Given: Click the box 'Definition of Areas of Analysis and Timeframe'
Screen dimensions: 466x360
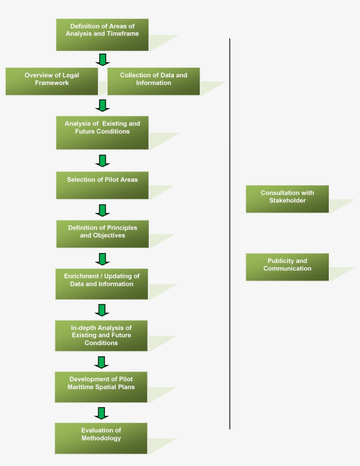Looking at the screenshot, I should tap(102, 34).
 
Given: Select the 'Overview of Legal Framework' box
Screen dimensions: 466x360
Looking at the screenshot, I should tap(52, 81).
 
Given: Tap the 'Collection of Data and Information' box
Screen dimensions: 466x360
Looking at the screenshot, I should tap(153, 81).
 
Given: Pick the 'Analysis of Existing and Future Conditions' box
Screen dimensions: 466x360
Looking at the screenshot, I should tap(102, 133).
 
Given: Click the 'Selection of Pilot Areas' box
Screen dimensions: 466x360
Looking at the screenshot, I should tap(102, 185).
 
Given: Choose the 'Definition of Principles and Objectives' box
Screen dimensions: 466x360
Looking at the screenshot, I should tap(102, 234).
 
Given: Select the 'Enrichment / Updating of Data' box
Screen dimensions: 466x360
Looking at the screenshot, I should tap(102, 284).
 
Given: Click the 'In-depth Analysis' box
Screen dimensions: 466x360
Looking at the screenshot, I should tap(101, 336).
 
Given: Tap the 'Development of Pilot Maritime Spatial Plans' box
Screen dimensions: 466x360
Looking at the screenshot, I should tap(101, 387).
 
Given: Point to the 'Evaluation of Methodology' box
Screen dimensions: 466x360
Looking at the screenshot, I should tap(101, 438).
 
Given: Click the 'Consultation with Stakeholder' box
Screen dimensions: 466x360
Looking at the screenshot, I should tap(287, 199).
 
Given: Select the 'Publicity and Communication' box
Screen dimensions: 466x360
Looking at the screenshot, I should tap(287, 267).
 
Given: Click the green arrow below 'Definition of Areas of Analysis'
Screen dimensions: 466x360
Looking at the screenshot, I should tap(102, 59).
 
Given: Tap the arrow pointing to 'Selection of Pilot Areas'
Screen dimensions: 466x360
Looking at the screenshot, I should tap(102, 161).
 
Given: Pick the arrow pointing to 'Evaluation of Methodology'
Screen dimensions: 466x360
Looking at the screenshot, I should tap(101, 413).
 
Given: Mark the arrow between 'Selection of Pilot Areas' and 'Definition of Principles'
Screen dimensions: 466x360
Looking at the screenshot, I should tap(102, 210).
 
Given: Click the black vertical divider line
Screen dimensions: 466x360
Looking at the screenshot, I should tap(230, 233).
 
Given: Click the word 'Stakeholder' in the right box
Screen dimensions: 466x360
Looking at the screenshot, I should tap(288, 201).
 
